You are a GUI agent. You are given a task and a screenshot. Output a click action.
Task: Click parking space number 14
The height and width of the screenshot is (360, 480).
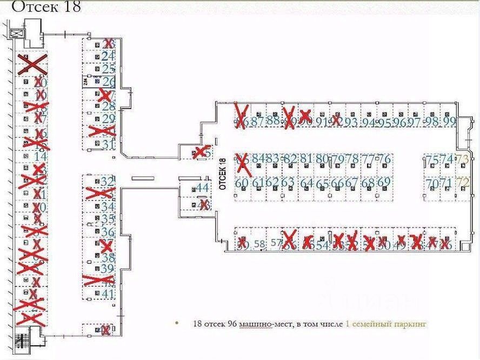40,156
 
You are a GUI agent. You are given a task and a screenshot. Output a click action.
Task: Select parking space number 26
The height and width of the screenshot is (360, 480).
109,82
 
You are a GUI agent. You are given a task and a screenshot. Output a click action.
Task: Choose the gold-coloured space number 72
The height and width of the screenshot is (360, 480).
462,183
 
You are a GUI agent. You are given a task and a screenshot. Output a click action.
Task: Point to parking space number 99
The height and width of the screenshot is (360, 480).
449,122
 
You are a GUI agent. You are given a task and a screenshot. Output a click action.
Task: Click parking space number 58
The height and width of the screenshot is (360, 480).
259,244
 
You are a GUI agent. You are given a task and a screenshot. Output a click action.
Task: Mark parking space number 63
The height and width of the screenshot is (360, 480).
288,182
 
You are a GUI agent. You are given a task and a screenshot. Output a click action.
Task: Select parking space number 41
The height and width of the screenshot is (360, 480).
109,294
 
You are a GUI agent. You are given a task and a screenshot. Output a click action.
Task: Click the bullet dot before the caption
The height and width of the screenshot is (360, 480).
176,324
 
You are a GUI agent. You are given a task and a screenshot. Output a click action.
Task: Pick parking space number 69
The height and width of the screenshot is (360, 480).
383,182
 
